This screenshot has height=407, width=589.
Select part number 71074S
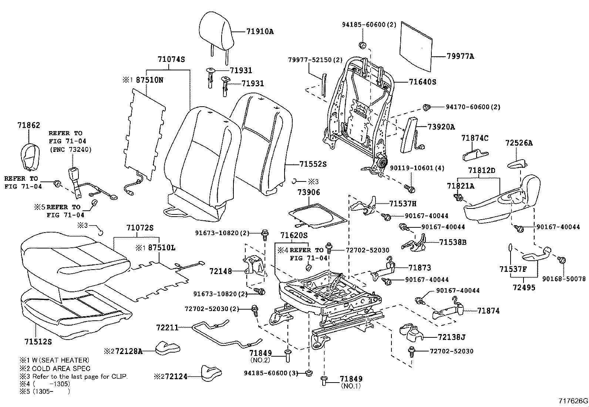coord(171,59)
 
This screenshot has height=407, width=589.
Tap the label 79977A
coord(460,57)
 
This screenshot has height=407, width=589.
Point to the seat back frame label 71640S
coord(422,82)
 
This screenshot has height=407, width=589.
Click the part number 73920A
coord(441,127)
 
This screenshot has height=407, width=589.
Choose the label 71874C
coord(475,138)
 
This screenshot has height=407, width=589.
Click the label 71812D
coord(481,170)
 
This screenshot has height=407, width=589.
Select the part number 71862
coord(28,126)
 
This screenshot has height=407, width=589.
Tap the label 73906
coord(309,193)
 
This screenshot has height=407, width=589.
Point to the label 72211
coord(167,327)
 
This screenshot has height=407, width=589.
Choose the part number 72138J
coord(451,337)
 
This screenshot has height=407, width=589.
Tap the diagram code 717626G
coord(573,401)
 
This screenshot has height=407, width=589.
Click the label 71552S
coord(313,164)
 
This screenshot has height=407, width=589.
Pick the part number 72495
coord(524,287)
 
